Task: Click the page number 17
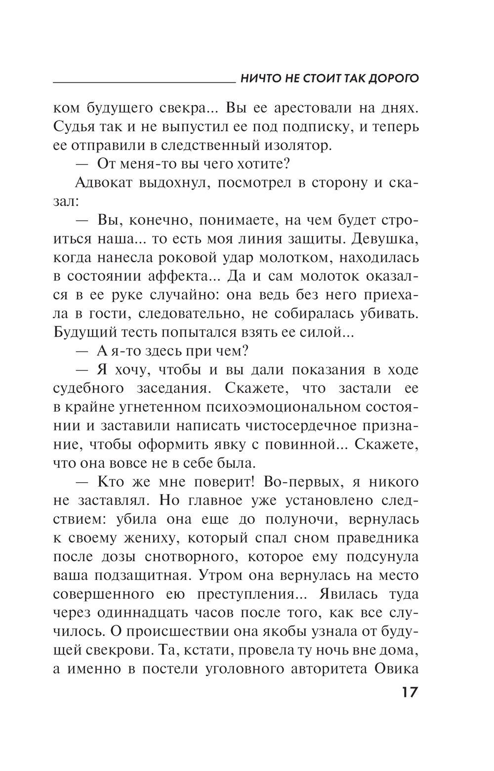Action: [x=407, y=692]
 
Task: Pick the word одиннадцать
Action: [x=151, y=613]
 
